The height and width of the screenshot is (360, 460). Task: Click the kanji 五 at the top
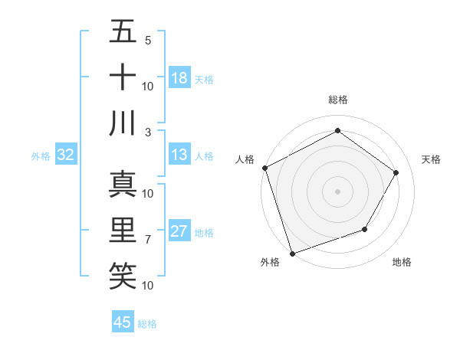(x=122, y=32)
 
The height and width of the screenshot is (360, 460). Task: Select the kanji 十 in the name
(x=122, y=77)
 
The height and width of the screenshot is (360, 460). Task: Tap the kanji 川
(x=122, y=123)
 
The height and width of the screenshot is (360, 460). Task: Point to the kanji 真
(x=122, y=184)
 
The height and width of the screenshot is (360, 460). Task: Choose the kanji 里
(x=122, y=230)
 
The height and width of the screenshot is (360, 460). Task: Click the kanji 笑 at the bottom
(x=122, y=275)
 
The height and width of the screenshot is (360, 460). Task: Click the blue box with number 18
(x=179, y=78)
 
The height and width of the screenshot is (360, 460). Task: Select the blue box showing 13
(x=179, y=155)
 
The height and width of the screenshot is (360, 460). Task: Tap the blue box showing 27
(x=179, y=231)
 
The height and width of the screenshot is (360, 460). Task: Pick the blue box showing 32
(x=66, y=155)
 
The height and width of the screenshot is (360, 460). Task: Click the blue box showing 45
(x=123, y=322)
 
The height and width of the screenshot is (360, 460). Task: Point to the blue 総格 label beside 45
(x=147, y=324)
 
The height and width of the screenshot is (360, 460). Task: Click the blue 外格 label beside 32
(x=41, y=156)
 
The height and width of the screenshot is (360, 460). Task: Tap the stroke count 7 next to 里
(x=147, y=240)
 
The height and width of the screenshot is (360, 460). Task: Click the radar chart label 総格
(x=337, y=100)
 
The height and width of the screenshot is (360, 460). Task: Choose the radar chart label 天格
(x=431, y=159)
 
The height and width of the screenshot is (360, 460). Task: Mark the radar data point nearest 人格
(x=265, y=168)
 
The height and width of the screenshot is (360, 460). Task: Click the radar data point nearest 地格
(x=365, y=229)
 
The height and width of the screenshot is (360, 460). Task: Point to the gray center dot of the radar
(x=337, y=191)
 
